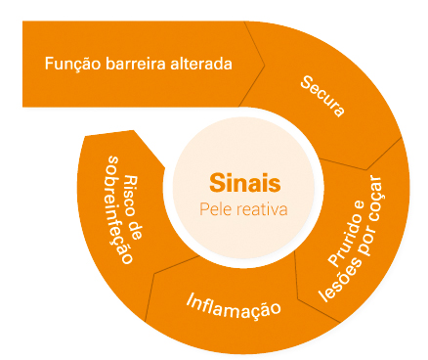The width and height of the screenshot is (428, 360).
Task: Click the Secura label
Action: tap(323, 95)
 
